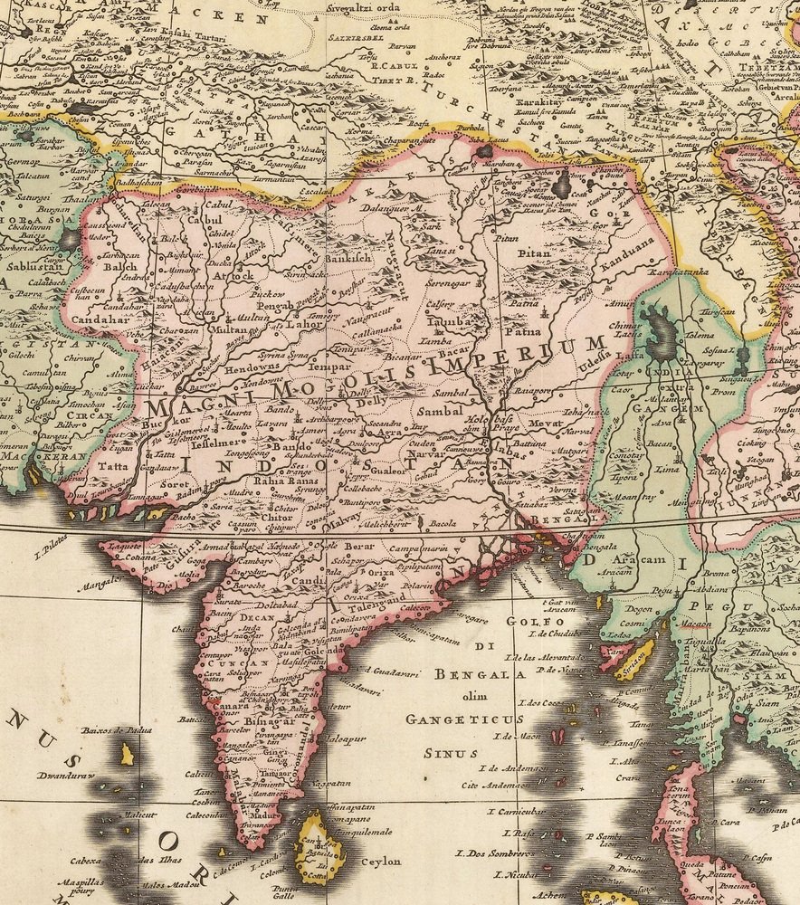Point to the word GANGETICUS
point(464,719)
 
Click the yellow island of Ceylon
point(319,846)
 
